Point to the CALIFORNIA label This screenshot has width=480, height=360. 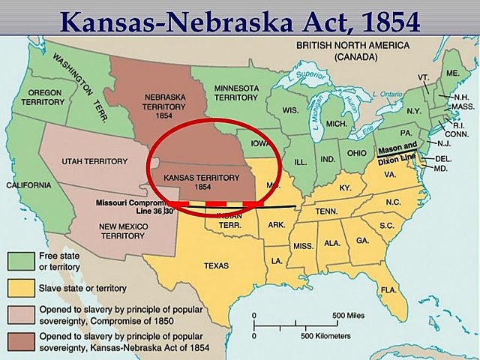pos(28,184)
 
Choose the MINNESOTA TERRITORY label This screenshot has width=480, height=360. pos(236,93)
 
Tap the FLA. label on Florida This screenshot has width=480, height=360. pos(388,289)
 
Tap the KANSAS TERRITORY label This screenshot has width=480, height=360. pos(190,180)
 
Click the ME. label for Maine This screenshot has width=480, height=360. pos(452,73)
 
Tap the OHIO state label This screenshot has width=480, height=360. pos(357,153)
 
